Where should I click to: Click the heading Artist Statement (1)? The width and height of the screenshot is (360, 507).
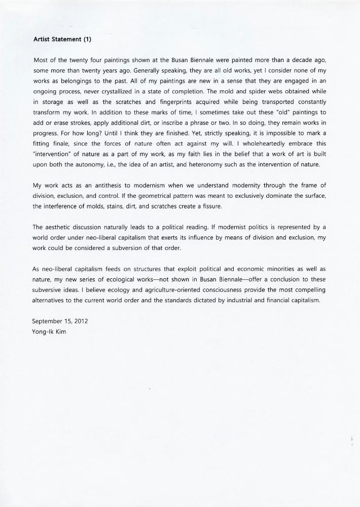pos(62,38)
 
